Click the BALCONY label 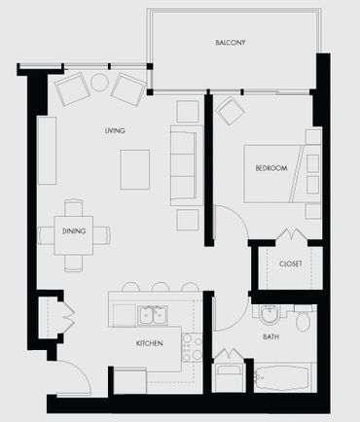click(231, 43)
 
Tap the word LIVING click(115, 130)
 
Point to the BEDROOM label click(271, 168)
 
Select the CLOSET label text click(291, 264)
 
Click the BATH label click(270, 337)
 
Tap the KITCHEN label click(149, 343)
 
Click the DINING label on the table click(74, 231)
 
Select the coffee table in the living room click(135, 169)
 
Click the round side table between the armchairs click(99, 83)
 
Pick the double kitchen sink click(154, 315)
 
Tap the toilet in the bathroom click(304, 318)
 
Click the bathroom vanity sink click(270, 314)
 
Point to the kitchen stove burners click(192, 347)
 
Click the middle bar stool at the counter click(161, 287)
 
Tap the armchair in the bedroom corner click(230, 111)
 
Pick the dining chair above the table click(73, 208)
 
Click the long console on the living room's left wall click(47, 151)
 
